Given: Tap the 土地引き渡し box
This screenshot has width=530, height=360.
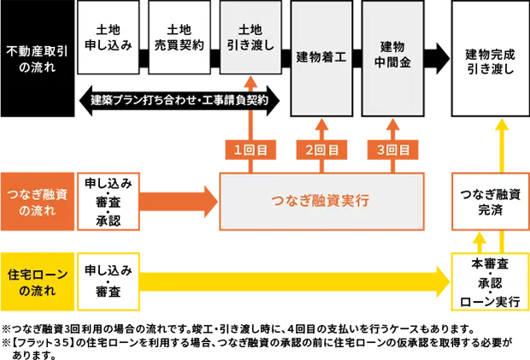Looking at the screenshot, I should pyautogui.click(x=250, y=38).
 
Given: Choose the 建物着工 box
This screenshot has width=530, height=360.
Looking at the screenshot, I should pyautogui.click(x=321, y=57).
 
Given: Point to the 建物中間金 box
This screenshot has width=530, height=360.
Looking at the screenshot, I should pyautogui.click(x=392, y=57).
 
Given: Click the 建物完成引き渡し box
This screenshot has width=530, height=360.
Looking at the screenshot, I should pyautogui.click(x=490, y=62).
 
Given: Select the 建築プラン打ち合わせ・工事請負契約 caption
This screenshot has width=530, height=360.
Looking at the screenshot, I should pyautogui.click(x=180, y=100).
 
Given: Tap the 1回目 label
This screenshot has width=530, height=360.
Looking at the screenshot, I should pyautogui.click(x=250, y=150).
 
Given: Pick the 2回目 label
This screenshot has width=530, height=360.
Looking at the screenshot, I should pyautogui.click(x=322, y=150).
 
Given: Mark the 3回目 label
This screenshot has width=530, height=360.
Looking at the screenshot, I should pyautogui.click(x=393, y=150).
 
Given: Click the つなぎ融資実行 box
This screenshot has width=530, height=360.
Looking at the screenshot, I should pyautogui.click(x=321, y=202).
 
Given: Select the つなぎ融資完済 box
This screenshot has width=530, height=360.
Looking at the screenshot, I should pyautogui.click(x=490, y=202).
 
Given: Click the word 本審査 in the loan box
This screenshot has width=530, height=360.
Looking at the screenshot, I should pyautogui.click(x=490, y=264).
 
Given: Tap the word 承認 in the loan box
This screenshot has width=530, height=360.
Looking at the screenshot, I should pyautogui.click(x=490, y=283).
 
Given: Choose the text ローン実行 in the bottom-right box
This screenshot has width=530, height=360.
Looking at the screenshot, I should pyautogui.click(x=490, y=301).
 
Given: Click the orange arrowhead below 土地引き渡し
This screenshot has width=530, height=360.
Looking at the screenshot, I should pyautogui.click(x=250, y=84).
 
